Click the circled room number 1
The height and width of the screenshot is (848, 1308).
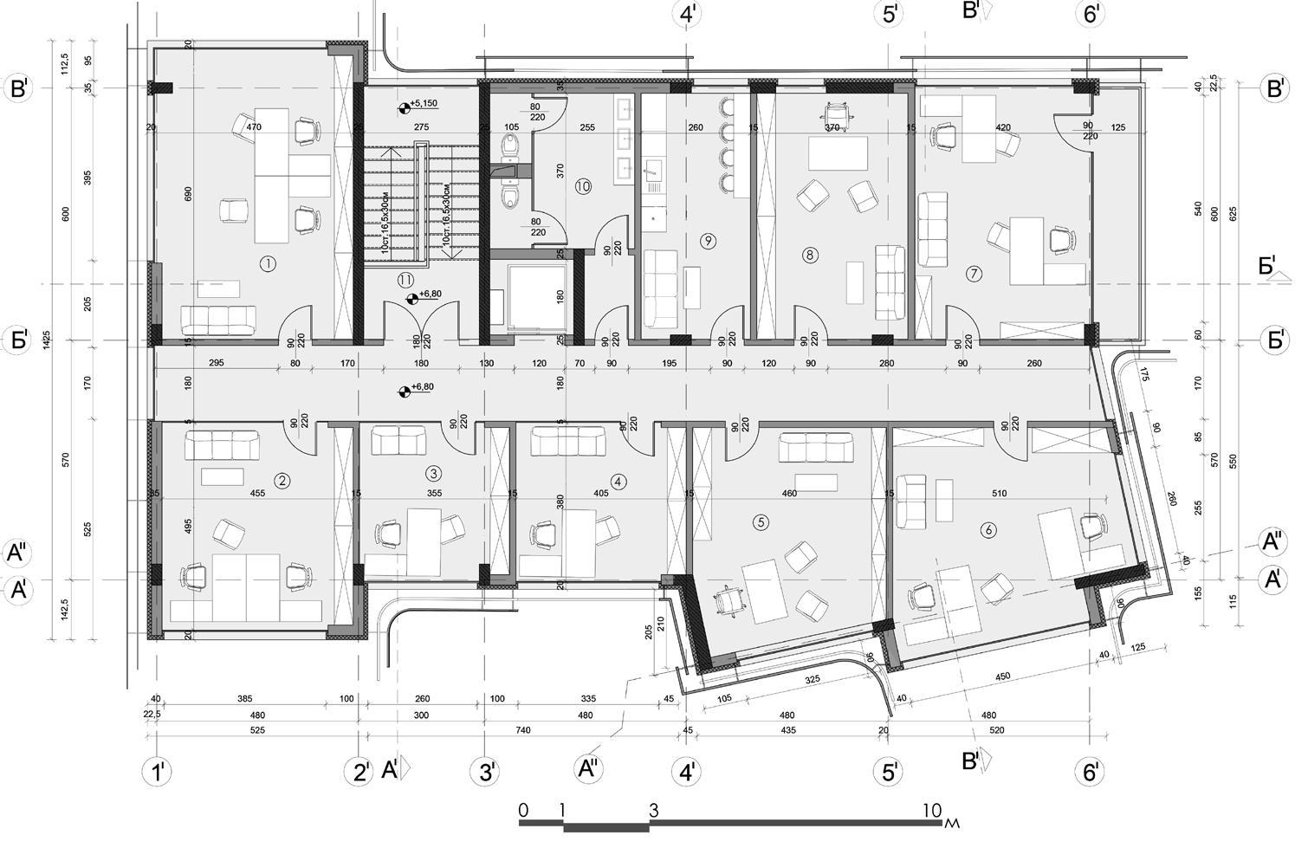pos(268,263)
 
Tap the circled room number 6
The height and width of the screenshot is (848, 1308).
pos(987,530)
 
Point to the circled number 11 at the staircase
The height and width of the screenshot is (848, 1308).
pos(405,279)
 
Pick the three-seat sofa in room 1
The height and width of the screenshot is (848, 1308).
pos(219,320)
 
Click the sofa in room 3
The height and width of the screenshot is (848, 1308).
pos(399,440)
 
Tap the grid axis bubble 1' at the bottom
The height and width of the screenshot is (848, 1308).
pos(157,772)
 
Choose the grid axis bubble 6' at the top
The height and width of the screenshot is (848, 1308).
pos(1090,14)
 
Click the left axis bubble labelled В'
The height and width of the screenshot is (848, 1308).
pos(19,89)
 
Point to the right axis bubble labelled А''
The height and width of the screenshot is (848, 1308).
pos(1272,542)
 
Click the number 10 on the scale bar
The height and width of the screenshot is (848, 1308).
pos(932,811)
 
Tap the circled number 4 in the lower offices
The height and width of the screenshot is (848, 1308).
pos(617,481)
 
